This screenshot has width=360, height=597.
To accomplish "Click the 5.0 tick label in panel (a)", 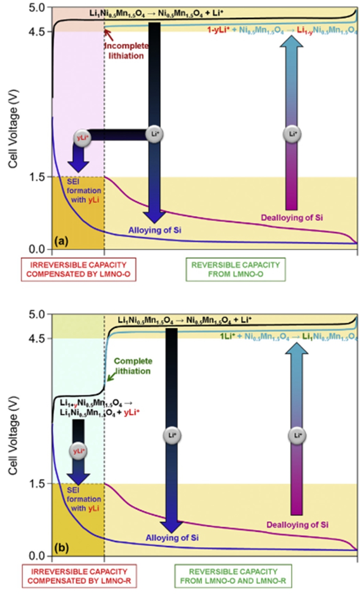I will tap(37, 8).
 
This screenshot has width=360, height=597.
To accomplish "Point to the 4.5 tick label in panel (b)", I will tap(37, 339).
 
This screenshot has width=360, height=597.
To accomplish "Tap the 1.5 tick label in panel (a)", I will tap(37, 177).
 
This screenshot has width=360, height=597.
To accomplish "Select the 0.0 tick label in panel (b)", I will tap(37, 556).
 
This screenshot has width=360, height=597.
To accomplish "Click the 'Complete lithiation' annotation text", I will tap(133, 365).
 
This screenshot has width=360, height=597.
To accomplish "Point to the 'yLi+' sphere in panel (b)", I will tap(78, 451).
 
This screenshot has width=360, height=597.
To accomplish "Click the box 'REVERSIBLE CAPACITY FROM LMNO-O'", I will tap(229, 269).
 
